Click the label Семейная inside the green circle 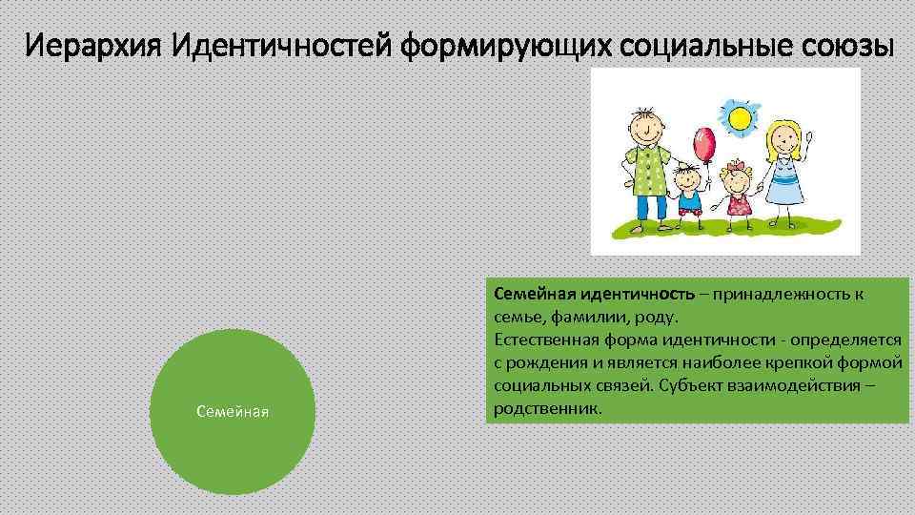pos(233,411)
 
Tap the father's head pos(645,121)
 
